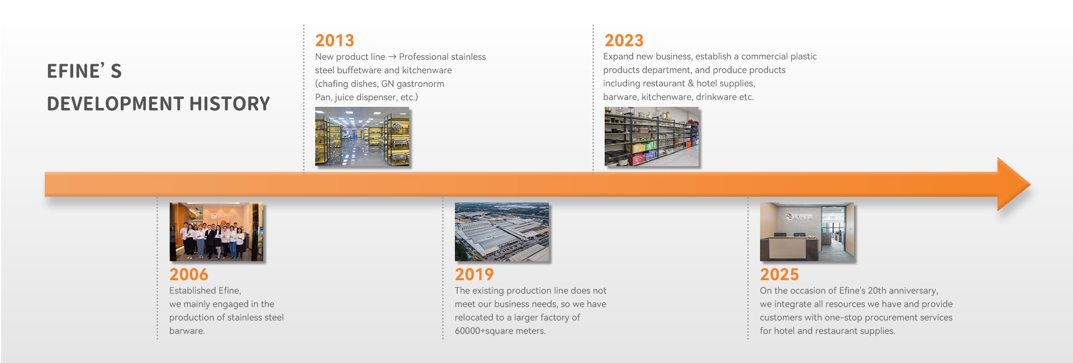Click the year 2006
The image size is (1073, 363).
pyautogui.click(x=189, y=275)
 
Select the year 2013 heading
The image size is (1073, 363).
pyautogui.click(x=335, y=41)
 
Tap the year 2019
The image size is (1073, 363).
pyautogui.click(x=474, y=275)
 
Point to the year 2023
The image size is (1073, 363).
pyautogui.click(x=624, y=41)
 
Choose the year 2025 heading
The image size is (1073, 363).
pyautogui.click(x=780, y=275)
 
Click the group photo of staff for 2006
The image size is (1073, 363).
pyautogui.click(x=217, y=232)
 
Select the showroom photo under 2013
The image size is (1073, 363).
pyautogui.click(x=362, y=136)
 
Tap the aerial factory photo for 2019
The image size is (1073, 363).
pyautogui.click(x=502, y=232)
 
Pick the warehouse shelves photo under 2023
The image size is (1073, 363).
pyautogui.click(x=652, y=136)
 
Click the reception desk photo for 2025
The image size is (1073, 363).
pyautogui.click(x=807, y=232)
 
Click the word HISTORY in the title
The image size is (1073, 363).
pyautogui.click(x=230, y=104)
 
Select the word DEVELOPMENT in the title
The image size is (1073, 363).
pyautogui.click(x=115, y=104)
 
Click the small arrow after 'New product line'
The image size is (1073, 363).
pyautogui.click(x=392, y=57)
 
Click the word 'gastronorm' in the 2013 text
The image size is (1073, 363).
pyautogui.click(x=420, y=84)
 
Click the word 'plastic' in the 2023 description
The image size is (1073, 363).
pyautogui.click(x=803, y=56)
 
